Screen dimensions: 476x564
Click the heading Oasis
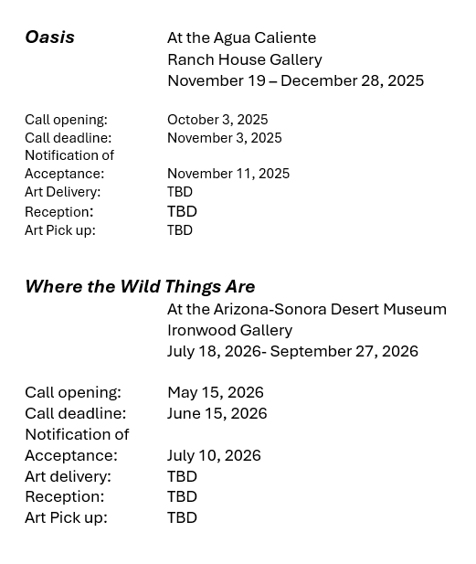point(49,37)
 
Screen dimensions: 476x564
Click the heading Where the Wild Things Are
point(140,287)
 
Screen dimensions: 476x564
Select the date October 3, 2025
point(217,120)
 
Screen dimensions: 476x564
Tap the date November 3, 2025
point(225,138)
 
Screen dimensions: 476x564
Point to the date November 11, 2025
point(228,174)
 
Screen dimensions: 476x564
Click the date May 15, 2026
point(216,392)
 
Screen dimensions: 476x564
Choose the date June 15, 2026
point(217,413)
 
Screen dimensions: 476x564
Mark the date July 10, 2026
point(214,455)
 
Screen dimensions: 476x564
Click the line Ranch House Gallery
point(245,59)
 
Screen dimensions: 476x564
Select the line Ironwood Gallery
point(230,330)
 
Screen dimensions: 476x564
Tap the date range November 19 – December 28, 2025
point(295,80)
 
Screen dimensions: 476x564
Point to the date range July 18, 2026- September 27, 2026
point(292,351)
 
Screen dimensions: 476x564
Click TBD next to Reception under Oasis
point(182,211)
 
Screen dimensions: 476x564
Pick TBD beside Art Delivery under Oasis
point(180,192)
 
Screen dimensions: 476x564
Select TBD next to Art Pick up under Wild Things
point(182,517)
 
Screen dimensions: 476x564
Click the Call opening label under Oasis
point(66,120)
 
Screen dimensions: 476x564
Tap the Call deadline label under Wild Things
point(76,413)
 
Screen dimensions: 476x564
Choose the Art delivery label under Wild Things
point(68,476)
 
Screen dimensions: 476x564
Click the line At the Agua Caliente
point(241,37)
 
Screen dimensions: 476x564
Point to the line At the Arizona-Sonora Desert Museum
point(307,309)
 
